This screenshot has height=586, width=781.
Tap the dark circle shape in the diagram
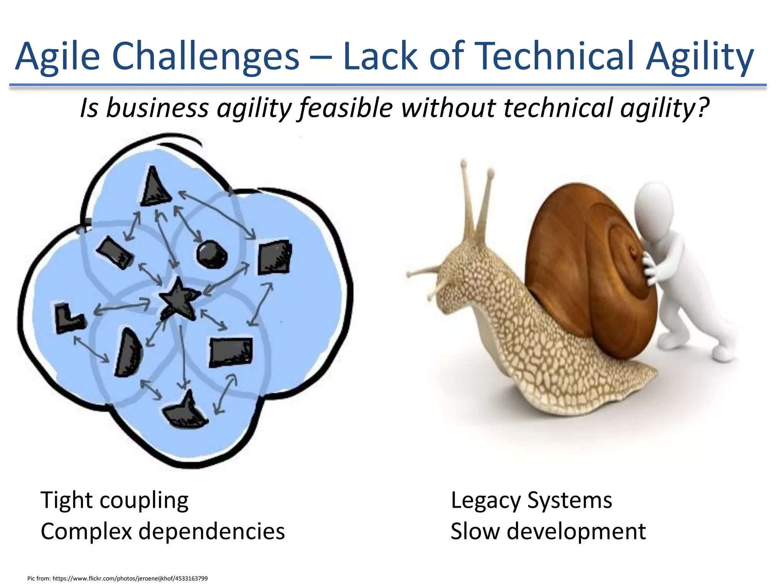(x=212, y=254)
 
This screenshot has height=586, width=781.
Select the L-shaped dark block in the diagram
(x=67, y=319)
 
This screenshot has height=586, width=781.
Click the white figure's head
(x=654, y=206)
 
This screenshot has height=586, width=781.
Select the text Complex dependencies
(x=162, y=531)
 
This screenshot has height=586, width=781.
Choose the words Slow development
(x=548, y=531)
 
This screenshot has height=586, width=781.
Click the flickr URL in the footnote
(x=130, y=578)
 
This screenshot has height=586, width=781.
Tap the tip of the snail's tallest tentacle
(x=464, y=163)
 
